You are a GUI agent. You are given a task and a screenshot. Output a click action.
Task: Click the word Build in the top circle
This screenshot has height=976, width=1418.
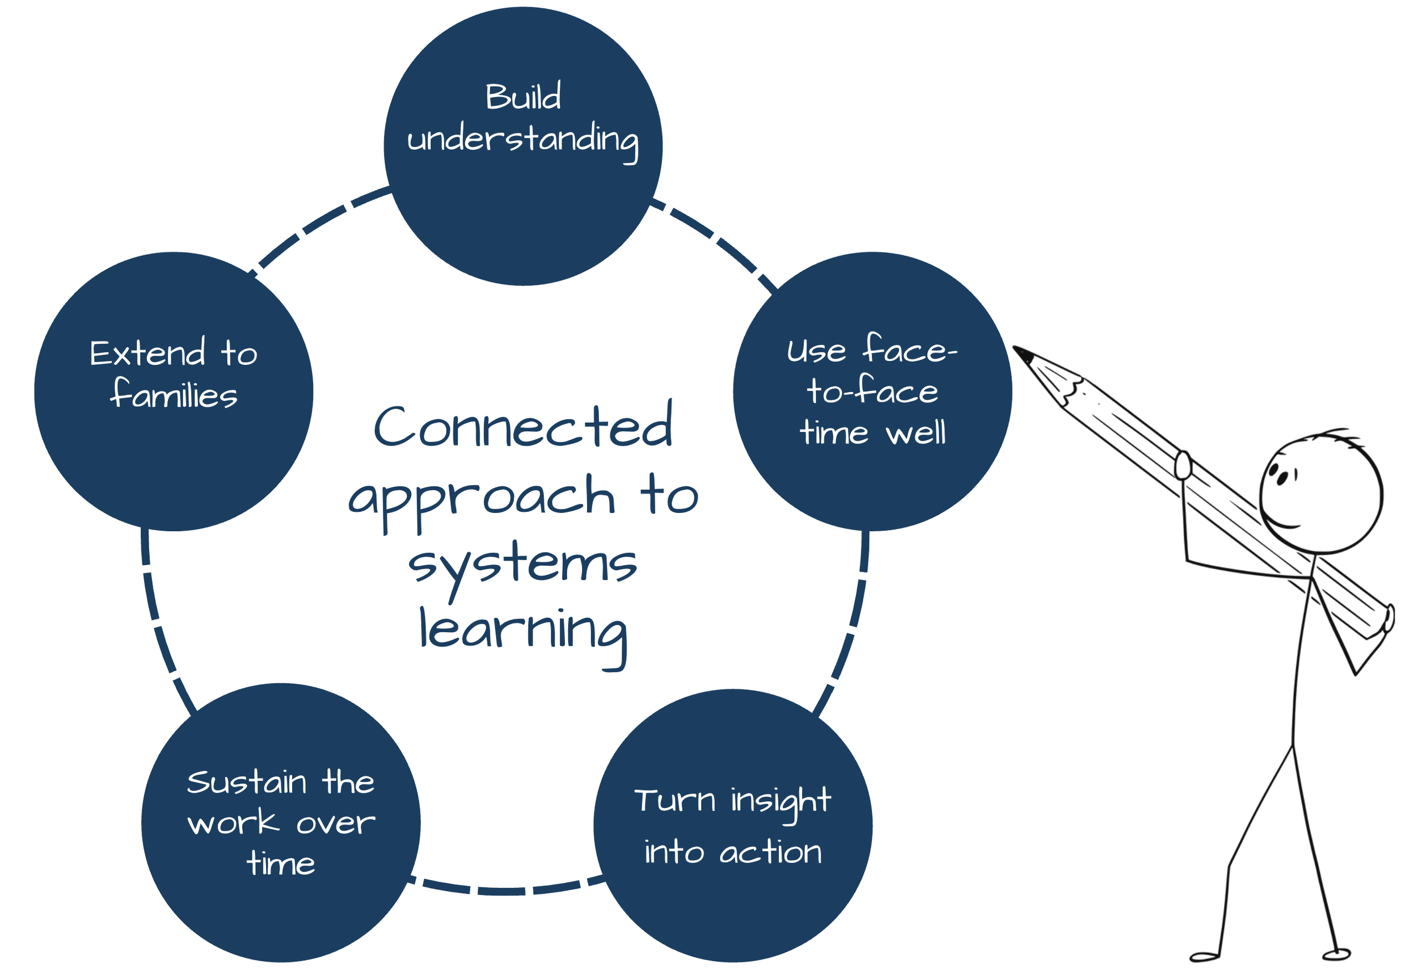click(x=522, y=96)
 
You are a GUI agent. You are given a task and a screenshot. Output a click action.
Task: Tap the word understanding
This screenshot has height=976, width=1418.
click(x=522, y=140)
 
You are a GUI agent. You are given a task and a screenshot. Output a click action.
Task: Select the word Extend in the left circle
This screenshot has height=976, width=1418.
click(x=147, y=353)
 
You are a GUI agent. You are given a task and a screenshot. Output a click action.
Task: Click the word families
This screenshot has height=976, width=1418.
click(x=174, y=394)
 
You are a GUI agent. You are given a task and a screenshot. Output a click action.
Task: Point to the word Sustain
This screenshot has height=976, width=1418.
click(x=246, y=783)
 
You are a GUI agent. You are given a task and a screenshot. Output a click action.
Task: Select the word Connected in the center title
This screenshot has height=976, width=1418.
click(x=522, y=426)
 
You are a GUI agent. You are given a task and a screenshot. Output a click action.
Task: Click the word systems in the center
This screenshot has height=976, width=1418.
click(x=522, y=564)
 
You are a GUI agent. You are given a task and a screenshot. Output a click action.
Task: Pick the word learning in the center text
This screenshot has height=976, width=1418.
click(x=522, y=631)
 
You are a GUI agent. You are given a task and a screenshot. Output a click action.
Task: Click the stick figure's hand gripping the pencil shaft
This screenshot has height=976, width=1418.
click(x=1183, y=465)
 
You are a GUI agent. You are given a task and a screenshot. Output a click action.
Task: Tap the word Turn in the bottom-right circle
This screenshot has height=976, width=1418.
click(x=674, y=801)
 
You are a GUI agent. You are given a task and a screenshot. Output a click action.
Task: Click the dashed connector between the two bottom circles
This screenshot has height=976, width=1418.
click(x=506, y=890)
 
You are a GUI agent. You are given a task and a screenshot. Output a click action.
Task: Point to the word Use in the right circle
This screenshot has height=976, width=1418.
click(x=816, y=352)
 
